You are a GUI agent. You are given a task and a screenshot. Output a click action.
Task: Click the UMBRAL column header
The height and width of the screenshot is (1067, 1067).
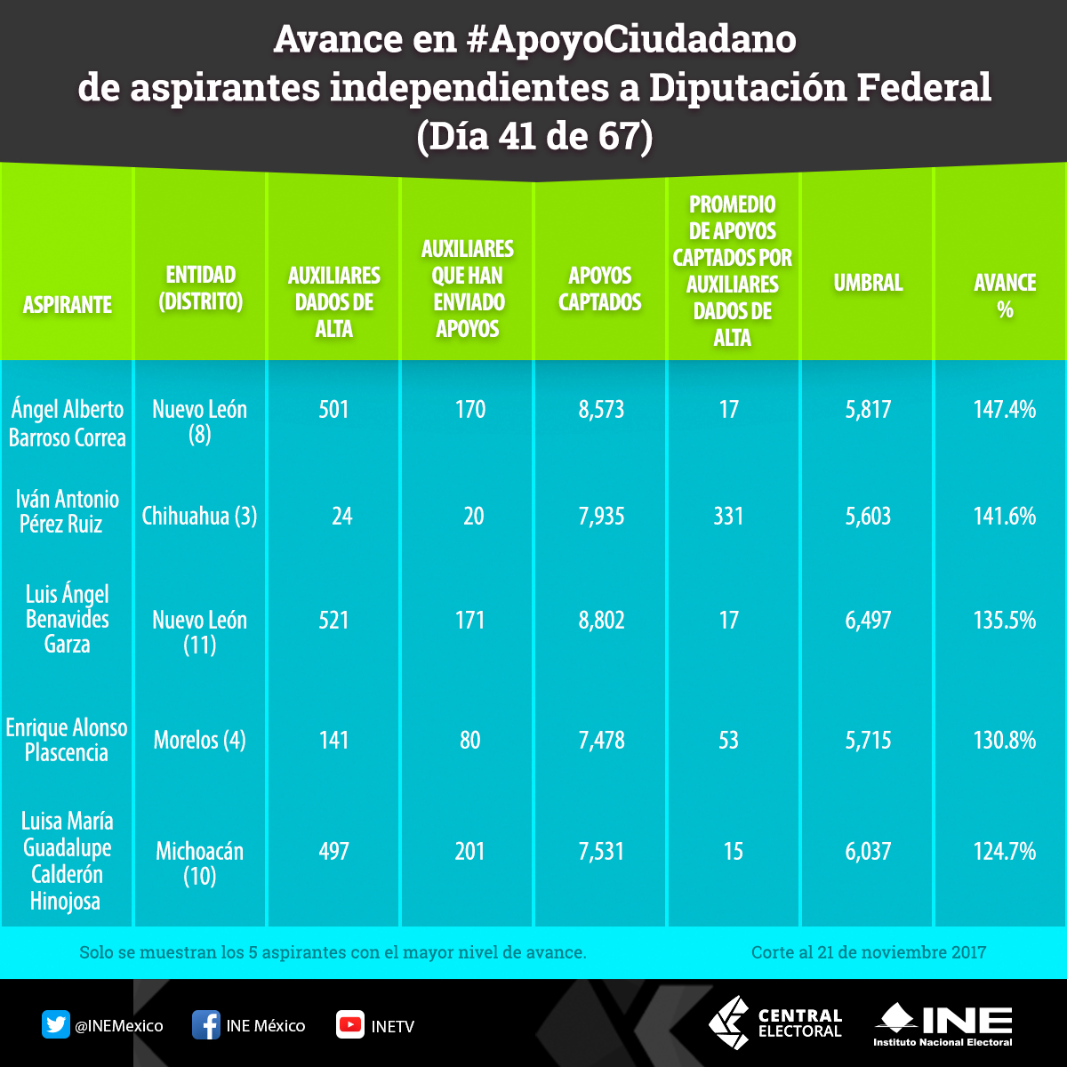coord(868,283)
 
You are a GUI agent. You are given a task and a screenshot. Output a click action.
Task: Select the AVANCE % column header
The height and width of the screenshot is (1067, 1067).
coord(1005,295)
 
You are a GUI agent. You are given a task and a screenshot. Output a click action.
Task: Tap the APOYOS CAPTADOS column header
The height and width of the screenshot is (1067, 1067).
coord(600,289)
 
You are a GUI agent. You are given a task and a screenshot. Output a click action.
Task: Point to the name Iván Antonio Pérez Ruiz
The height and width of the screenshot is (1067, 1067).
coord(67,511)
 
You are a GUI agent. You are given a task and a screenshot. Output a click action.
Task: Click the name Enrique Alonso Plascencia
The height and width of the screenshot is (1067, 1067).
coord(67,740)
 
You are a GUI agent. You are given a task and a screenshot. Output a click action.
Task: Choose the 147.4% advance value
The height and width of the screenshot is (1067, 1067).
coord(1005,410)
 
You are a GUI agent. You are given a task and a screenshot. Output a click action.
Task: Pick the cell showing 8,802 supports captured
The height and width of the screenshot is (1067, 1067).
coord(601,620)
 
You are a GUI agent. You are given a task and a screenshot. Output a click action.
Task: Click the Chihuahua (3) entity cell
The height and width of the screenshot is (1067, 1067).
coord(199,516)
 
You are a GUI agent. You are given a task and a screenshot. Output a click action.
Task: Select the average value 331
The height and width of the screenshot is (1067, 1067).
coord(728,516)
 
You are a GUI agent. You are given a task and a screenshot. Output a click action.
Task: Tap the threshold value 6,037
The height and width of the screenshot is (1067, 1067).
coord(868,851)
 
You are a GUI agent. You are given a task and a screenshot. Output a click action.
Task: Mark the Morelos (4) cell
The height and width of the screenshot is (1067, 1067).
coord(199,740)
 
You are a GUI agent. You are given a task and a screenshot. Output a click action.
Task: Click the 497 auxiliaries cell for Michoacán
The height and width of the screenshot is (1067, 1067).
coord(333,851)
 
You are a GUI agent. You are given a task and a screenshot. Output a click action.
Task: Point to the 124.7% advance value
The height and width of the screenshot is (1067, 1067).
coord(1005,851)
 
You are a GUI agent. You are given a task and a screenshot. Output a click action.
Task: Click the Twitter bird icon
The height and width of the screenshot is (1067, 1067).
coord(56,1025)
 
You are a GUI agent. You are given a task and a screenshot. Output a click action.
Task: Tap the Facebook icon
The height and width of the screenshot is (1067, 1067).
coord(206,1025)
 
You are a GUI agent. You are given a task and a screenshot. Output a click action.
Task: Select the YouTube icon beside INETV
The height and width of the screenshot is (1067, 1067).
coord(349,1025)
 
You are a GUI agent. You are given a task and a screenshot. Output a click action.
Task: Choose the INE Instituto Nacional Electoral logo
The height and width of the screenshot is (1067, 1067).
coord(943,1024)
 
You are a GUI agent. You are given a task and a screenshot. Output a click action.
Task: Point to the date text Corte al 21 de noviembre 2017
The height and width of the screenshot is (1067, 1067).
coord(868,952)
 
